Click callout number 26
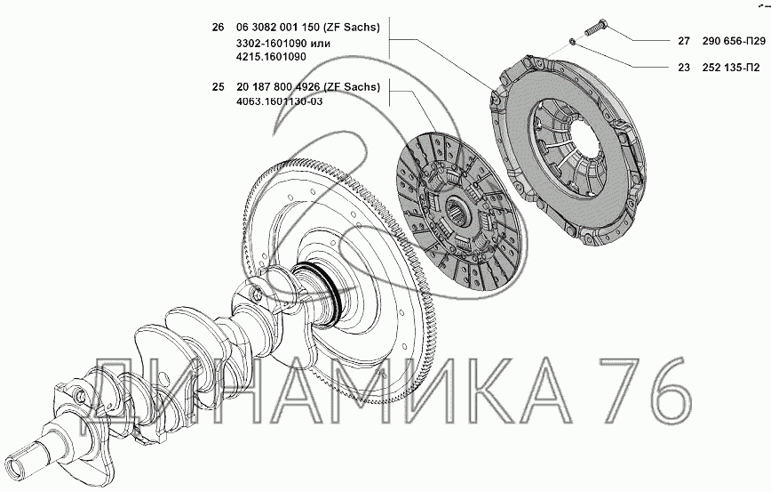pos(218,27)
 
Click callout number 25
pos(218,86)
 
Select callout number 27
pos(684,41)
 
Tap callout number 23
pos(684,68)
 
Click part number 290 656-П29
pos(734,41)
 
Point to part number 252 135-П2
pos(731,68)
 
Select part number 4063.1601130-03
pos(280,102)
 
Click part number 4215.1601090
pos(271,57)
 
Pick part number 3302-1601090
pos(271,44)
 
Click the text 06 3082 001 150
pos(278,27)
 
